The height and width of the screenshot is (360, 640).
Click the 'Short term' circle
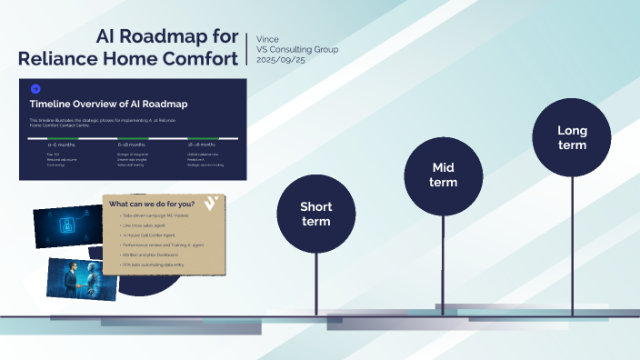pos(315,214)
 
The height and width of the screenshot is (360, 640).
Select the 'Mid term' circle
pos(444,175)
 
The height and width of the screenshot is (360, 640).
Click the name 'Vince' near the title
pos(268,39)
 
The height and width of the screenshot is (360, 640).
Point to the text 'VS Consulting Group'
pos(298,49)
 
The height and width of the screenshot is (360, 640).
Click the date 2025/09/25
pos(282,59)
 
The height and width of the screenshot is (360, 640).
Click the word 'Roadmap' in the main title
pos(195,38)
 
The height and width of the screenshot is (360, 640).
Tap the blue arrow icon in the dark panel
pos(35,88)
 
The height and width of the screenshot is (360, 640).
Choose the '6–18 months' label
pos(132,145)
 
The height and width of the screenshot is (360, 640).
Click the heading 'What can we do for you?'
pos(151,204)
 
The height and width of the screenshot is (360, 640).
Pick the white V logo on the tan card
pos(211,203)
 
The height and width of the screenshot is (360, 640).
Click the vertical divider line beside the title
pos(247,48)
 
